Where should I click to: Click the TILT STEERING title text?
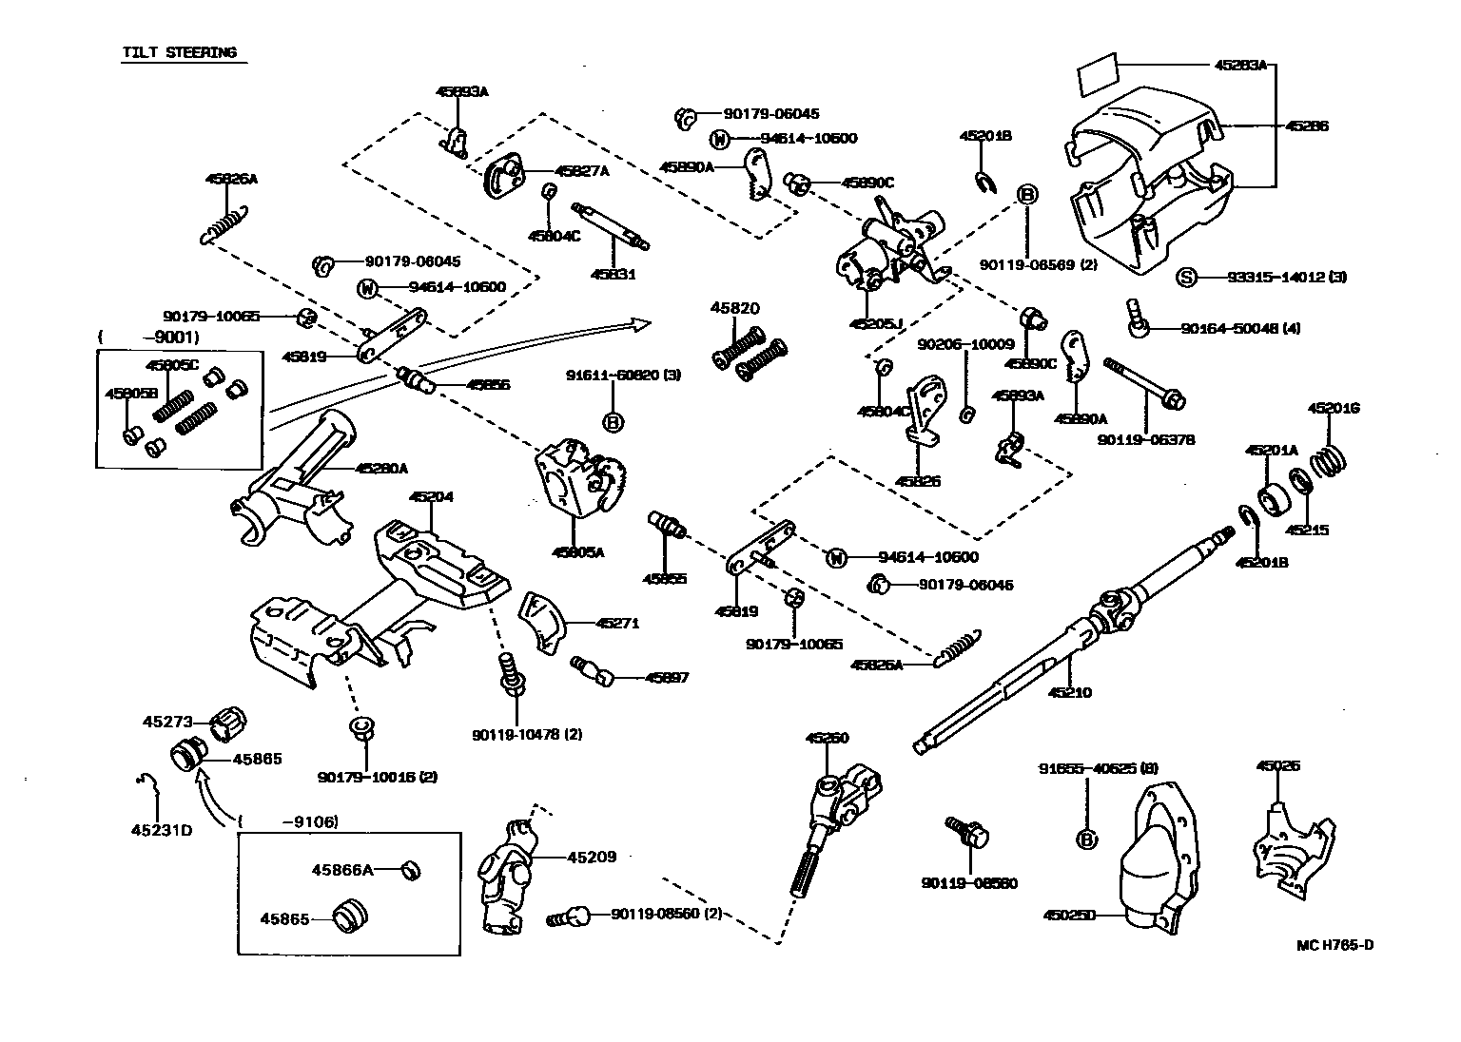click(179, 52)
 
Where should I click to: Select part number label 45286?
click(1307, 125)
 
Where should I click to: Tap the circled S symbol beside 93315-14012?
click(1185, 278)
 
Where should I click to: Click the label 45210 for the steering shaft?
click(1070, 692)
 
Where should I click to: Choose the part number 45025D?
click(1070, 916)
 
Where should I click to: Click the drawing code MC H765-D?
click(1335, 945)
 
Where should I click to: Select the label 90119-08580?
click(969, 883)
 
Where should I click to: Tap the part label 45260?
click(827, 738)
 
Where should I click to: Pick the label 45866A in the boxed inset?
click(342, 869)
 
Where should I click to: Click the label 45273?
click(169, 722)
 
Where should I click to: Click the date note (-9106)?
click(289, 821)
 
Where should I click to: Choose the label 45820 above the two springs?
click(735, 308)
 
